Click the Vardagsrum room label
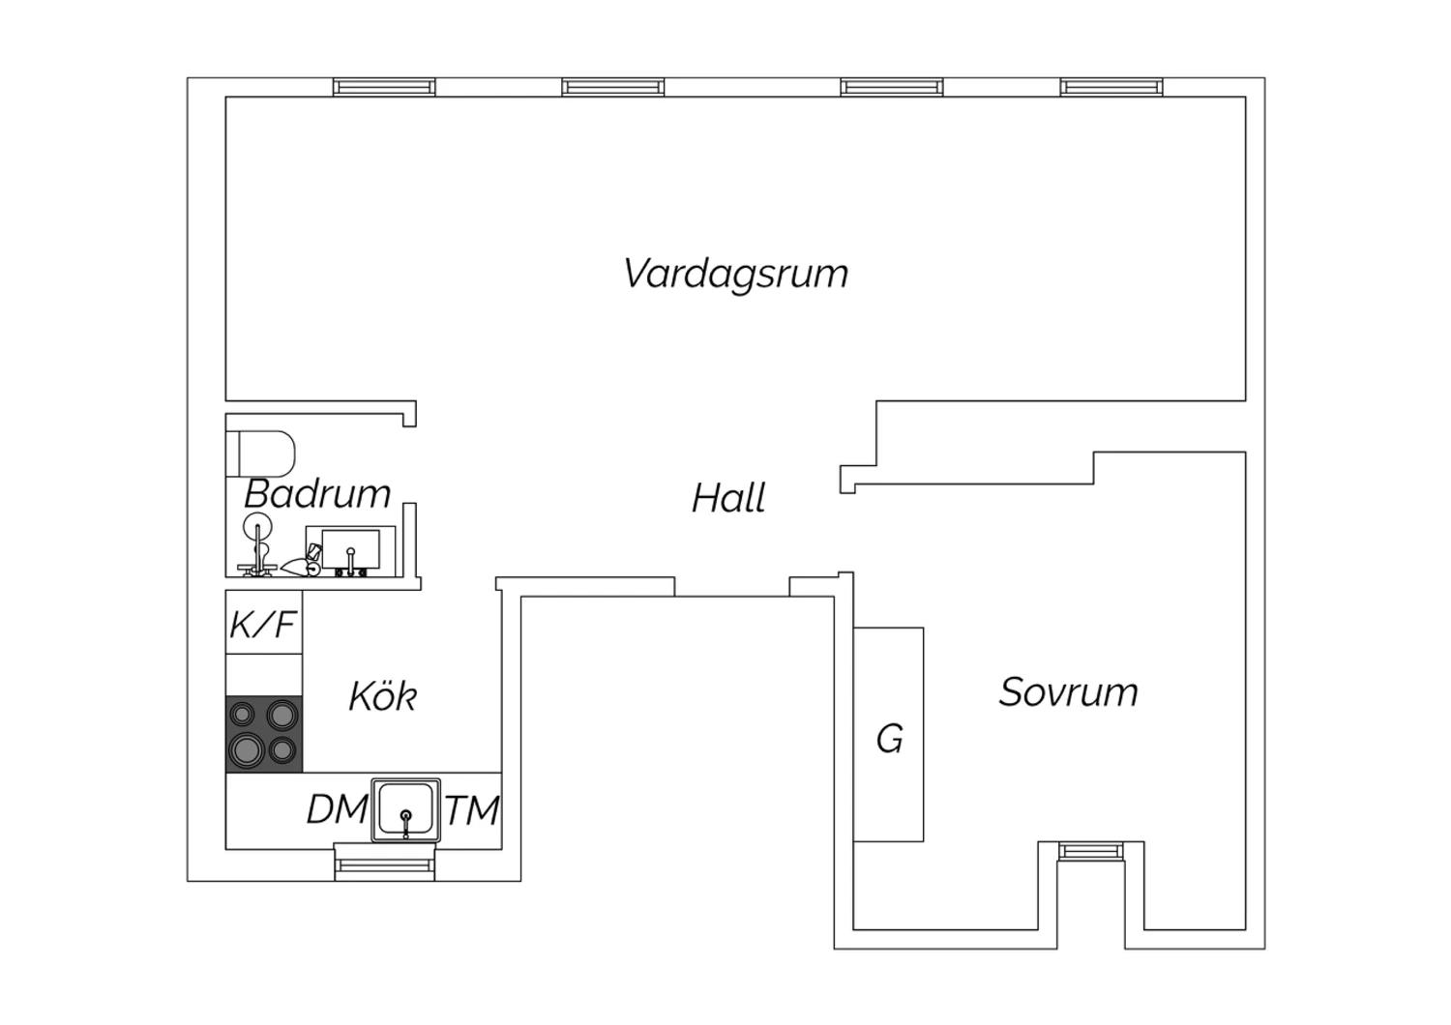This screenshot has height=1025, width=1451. click(736, 275)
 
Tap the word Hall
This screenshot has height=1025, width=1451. click(728, 498)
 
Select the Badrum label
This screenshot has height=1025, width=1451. click(317, 494)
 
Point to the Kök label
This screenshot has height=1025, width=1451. click(383, 696)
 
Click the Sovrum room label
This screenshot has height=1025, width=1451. click(1068, 692)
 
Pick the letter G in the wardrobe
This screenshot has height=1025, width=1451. click(889, 739)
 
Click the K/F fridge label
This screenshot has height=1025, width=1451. click(263, 625)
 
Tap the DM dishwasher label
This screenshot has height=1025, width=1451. click(337, 809)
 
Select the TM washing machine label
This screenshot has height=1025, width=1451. click(473, 809)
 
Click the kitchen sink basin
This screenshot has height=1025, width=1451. click(406, 810)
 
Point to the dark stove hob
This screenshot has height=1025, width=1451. click(264, 734)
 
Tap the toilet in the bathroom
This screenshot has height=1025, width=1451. click(260, 454)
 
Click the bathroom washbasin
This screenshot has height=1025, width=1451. click(350, 550)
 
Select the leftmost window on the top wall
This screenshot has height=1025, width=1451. click(384, 87)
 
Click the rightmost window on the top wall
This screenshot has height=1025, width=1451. click(1111, 87)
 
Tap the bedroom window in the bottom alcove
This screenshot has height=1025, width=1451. click(1091, 851)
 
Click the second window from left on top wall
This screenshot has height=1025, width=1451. click(612, 87)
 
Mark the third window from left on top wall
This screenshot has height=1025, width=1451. click(892, 87)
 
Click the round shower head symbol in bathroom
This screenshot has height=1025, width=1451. click(258, 525)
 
